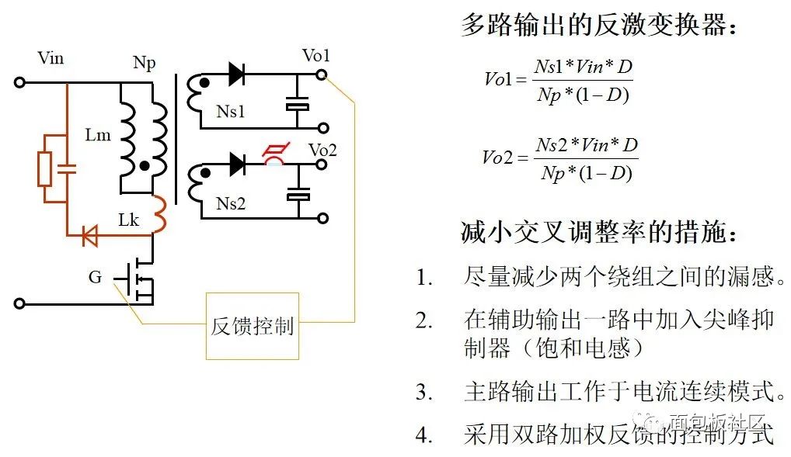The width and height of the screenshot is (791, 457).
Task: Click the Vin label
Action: pos(51,58)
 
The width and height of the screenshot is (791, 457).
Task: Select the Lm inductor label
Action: pos(98,136)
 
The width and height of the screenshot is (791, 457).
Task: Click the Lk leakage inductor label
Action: pos(128,221)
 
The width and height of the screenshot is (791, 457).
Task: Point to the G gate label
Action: pos(95,277)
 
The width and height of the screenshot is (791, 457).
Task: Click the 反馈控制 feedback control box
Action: pos(252,326)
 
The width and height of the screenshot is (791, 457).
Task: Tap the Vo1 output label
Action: pos(316,56)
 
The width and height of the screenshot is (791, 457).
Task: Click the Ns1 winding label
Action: pos(231,112)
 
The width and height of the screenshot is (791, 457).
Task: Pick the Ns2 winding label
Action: pos(231,204)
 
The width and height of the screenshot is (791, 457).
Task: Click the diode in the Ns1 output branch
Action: pos(236,75)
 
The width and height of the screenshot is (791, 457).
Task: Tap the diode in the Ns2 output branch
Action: pos(237,164)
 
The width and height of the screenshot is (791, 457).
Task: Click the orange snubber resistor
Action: pos(45,169)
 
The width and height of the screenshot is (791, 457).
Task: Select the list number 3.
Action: pos(423,393)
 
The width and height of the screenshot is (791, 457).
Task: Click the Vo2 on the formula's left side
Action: pos(497,158)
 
